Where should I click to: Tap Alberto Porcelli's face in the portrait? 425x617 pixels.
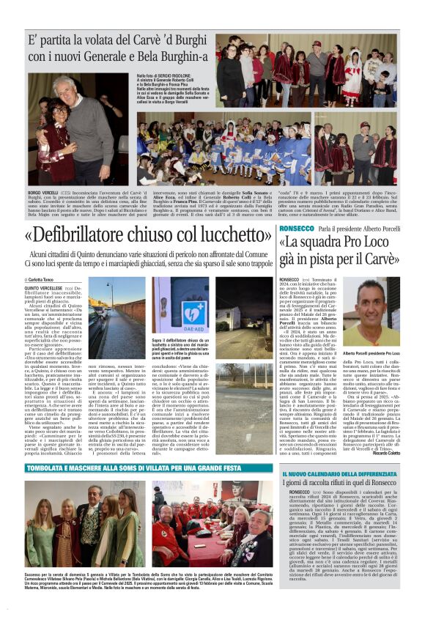377,305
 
